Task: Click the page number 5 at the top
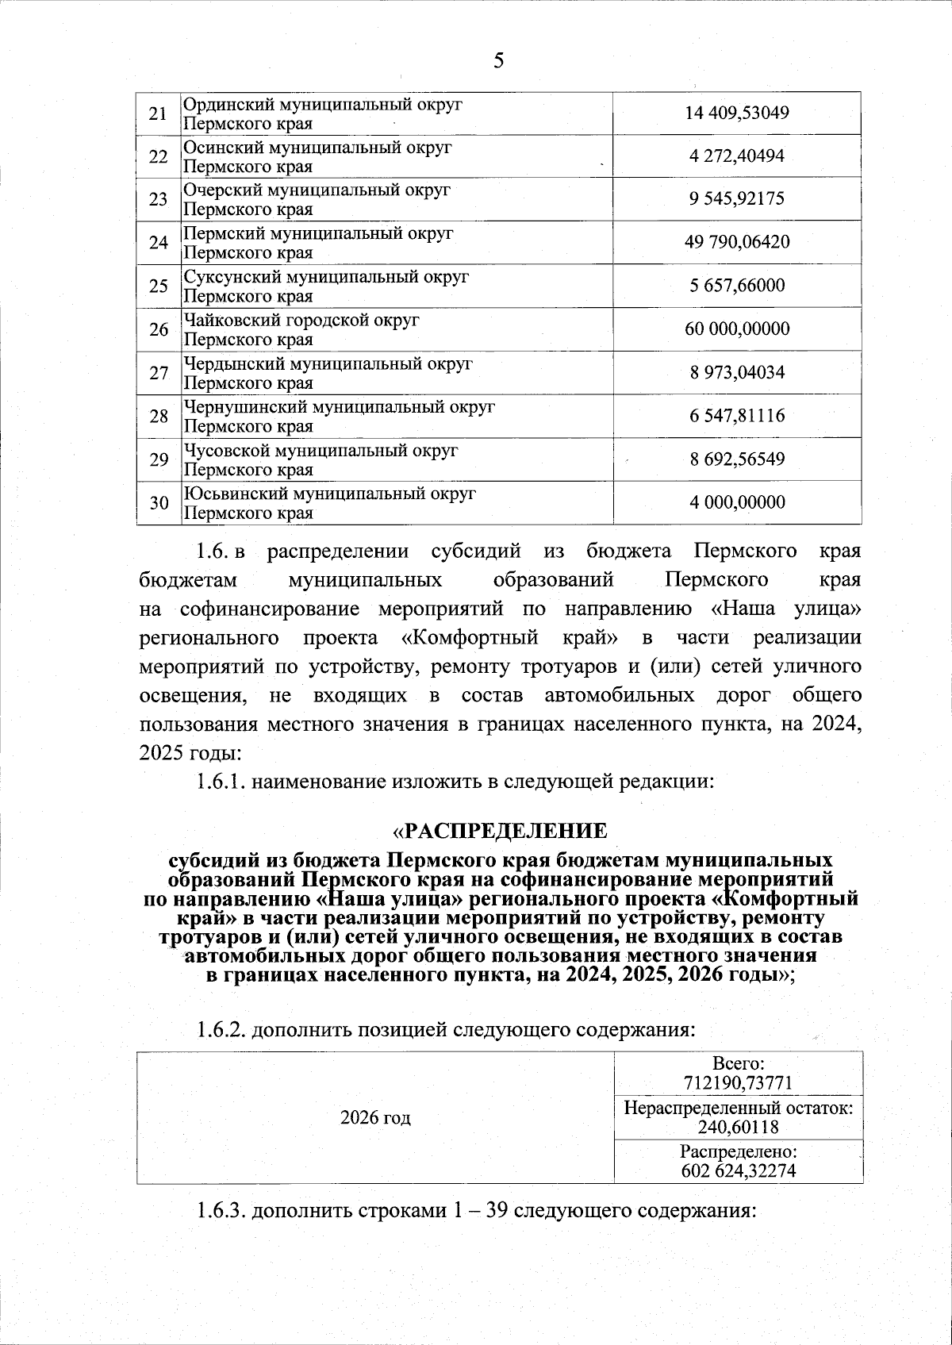point(498,61)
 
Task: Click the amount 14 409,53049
point(737,113)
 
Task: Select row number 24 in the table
point(159,243)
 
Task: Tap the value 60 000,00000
point(737,329)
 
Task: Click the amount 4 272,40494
point(737,156)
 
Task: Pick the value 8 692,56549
point(737,459)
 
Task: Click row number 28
point(159,416)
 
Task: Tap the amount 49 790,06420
point(737,243)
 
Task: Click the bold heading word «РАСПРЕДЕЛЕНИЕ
point(501,831)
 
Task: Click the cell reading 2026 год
point(375,1118)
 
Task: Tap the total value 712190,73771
point(738,1083)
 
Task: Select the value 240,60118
point(738,1127)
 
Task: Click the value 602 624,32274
point(738,1171)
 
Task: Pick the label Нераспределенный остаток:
point(738,1109)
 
